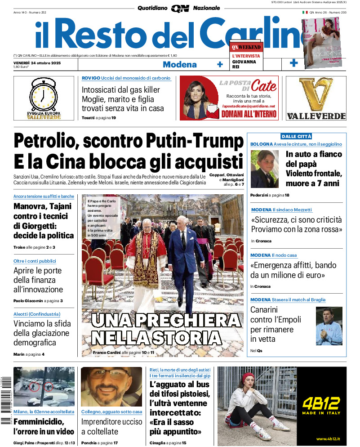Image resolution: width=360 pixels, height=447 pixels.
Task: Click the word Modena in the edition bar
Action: (179, 64)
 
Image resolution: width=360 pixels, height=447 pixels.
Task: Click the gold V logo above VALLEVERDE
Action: (322, 95)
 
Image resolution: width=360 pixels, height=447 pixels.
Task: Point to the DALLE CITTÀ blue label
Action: (296, 136)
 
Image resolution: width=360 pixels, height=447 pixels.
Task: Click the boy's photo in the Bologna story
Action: (265, 169)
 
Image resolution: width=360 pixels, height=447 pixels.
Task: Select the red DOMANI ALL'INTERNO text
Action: (249, 114)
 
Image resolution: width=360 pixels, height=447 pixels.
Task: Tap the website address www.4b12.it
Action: (329, 439)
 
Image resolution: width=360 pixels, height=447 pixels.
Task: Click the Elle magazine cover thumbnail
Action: (320, 43)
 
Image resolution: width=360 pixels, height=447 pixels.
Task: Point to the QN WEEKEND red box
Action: (246, 47)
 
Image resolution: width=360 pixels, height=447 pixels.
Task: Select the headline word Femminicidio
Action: (39, 422)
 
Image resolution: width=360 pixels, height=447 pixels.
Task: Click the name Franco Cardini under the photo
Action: (107, 353)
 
